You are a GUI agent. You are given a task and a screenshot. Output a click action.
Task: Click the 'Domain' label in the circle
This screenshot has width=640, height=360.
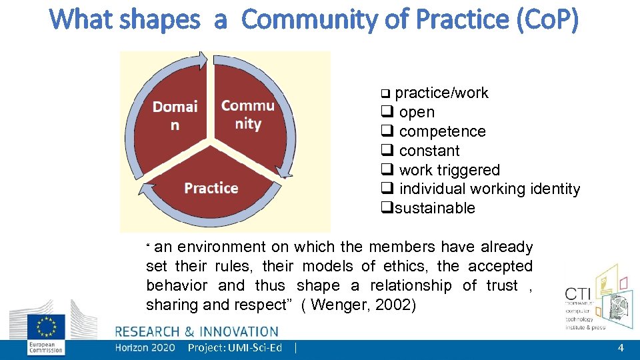(175, 115)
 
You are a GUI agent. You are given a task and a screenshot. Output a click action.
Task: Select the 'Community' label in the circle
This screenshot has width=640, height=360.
(248, 115)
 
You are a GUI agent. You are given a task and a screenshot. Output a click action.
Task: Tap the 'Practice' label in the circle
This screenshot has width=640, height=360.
(211, 188)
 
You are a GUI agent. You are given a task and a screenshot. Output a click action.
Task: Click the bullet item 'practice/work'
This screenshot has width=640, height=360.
(441, 93)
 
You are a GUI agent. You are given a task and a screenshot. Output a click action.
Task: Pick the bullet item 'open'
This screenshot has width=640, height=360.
(416, 113)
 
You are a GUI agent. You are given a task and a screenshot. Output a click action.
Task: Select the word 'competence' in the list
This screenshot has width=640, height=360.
(442, 132)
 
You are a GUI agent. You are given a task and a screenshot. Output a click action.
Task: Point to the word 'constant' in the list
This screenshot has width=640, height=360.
(429, 151)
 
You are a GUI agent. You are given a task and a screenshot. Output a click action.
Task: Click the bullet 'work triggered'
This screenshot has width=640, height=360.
(449, 171)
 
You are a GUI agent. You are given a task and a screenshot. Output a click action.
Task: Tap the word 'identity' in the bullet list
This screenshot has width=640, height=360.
(554, 189)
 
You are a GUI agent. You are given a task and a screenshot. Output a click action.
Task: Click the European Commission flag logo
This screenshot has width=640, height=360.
(46, 327)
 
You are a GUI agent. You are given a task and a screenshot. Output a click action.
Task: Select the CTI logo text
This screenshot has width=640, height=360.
(578, 294)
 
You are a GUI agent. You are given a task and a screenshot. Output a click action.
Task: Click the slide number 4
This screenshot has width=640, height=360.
(621, 348)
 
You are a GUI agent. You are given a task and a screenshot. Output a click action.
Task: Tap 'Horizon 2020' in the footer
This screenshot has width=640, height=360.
(145, 348)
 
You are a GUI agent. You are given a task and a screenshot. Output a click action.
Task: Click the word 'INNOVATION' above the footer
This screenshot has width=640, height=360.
(238, 331)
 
